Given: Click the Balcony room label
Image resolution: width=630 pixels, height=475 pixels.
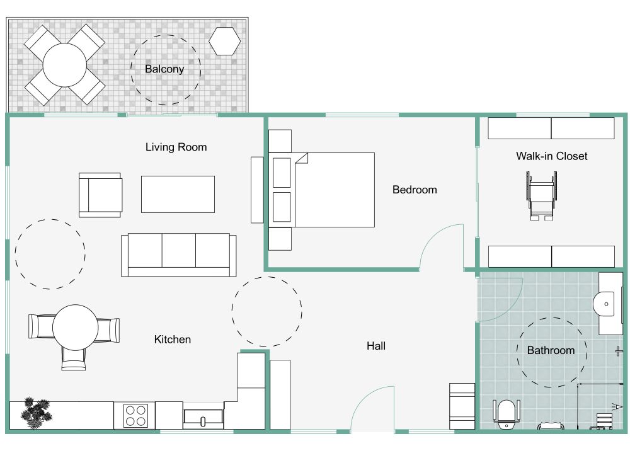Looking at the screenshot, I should pos(164,69).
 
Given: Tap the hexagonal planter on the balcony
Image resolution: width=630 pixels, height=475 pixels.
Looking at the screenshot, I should pos(225,41).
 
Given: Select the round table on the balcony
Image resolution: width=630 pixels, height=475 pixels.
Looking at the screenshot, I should pos(65,65).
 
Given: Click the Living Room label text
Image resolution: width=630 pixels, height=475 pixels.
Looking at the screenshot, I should pos(176,147).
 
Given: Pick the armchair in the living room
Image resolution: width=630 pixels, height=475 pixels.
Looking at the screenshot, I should pos(100,195).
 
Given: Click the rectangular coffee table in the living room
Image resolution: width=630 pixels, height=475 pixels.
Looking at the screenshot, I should pos(178,194).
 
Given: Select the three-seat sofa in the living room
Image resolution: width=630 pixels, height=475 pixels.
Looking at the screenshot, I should pos(178,254).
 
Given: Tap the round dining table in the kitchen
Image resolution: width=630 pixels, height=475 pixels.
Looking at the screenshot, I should pos(75,328).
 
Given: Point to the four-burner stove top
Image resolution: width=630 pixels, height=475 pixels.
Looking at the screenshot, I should pos(134,416).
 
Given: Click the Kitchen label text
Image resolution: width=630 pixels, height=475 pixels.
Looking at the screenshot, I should pos(173,340).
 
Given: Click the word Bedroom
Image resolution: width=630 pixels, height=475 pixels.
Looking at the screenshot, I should pos(415,190).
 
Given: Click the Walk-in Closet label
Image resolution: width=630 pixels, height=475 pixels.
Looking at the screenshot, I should pos(551,156).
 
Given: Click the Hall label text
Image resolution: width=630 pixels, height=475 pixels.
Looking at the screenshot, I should pos(376,346).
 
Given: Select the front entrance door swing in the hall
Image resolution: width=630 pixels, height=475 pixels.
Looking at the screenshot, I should pos(372,409).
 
